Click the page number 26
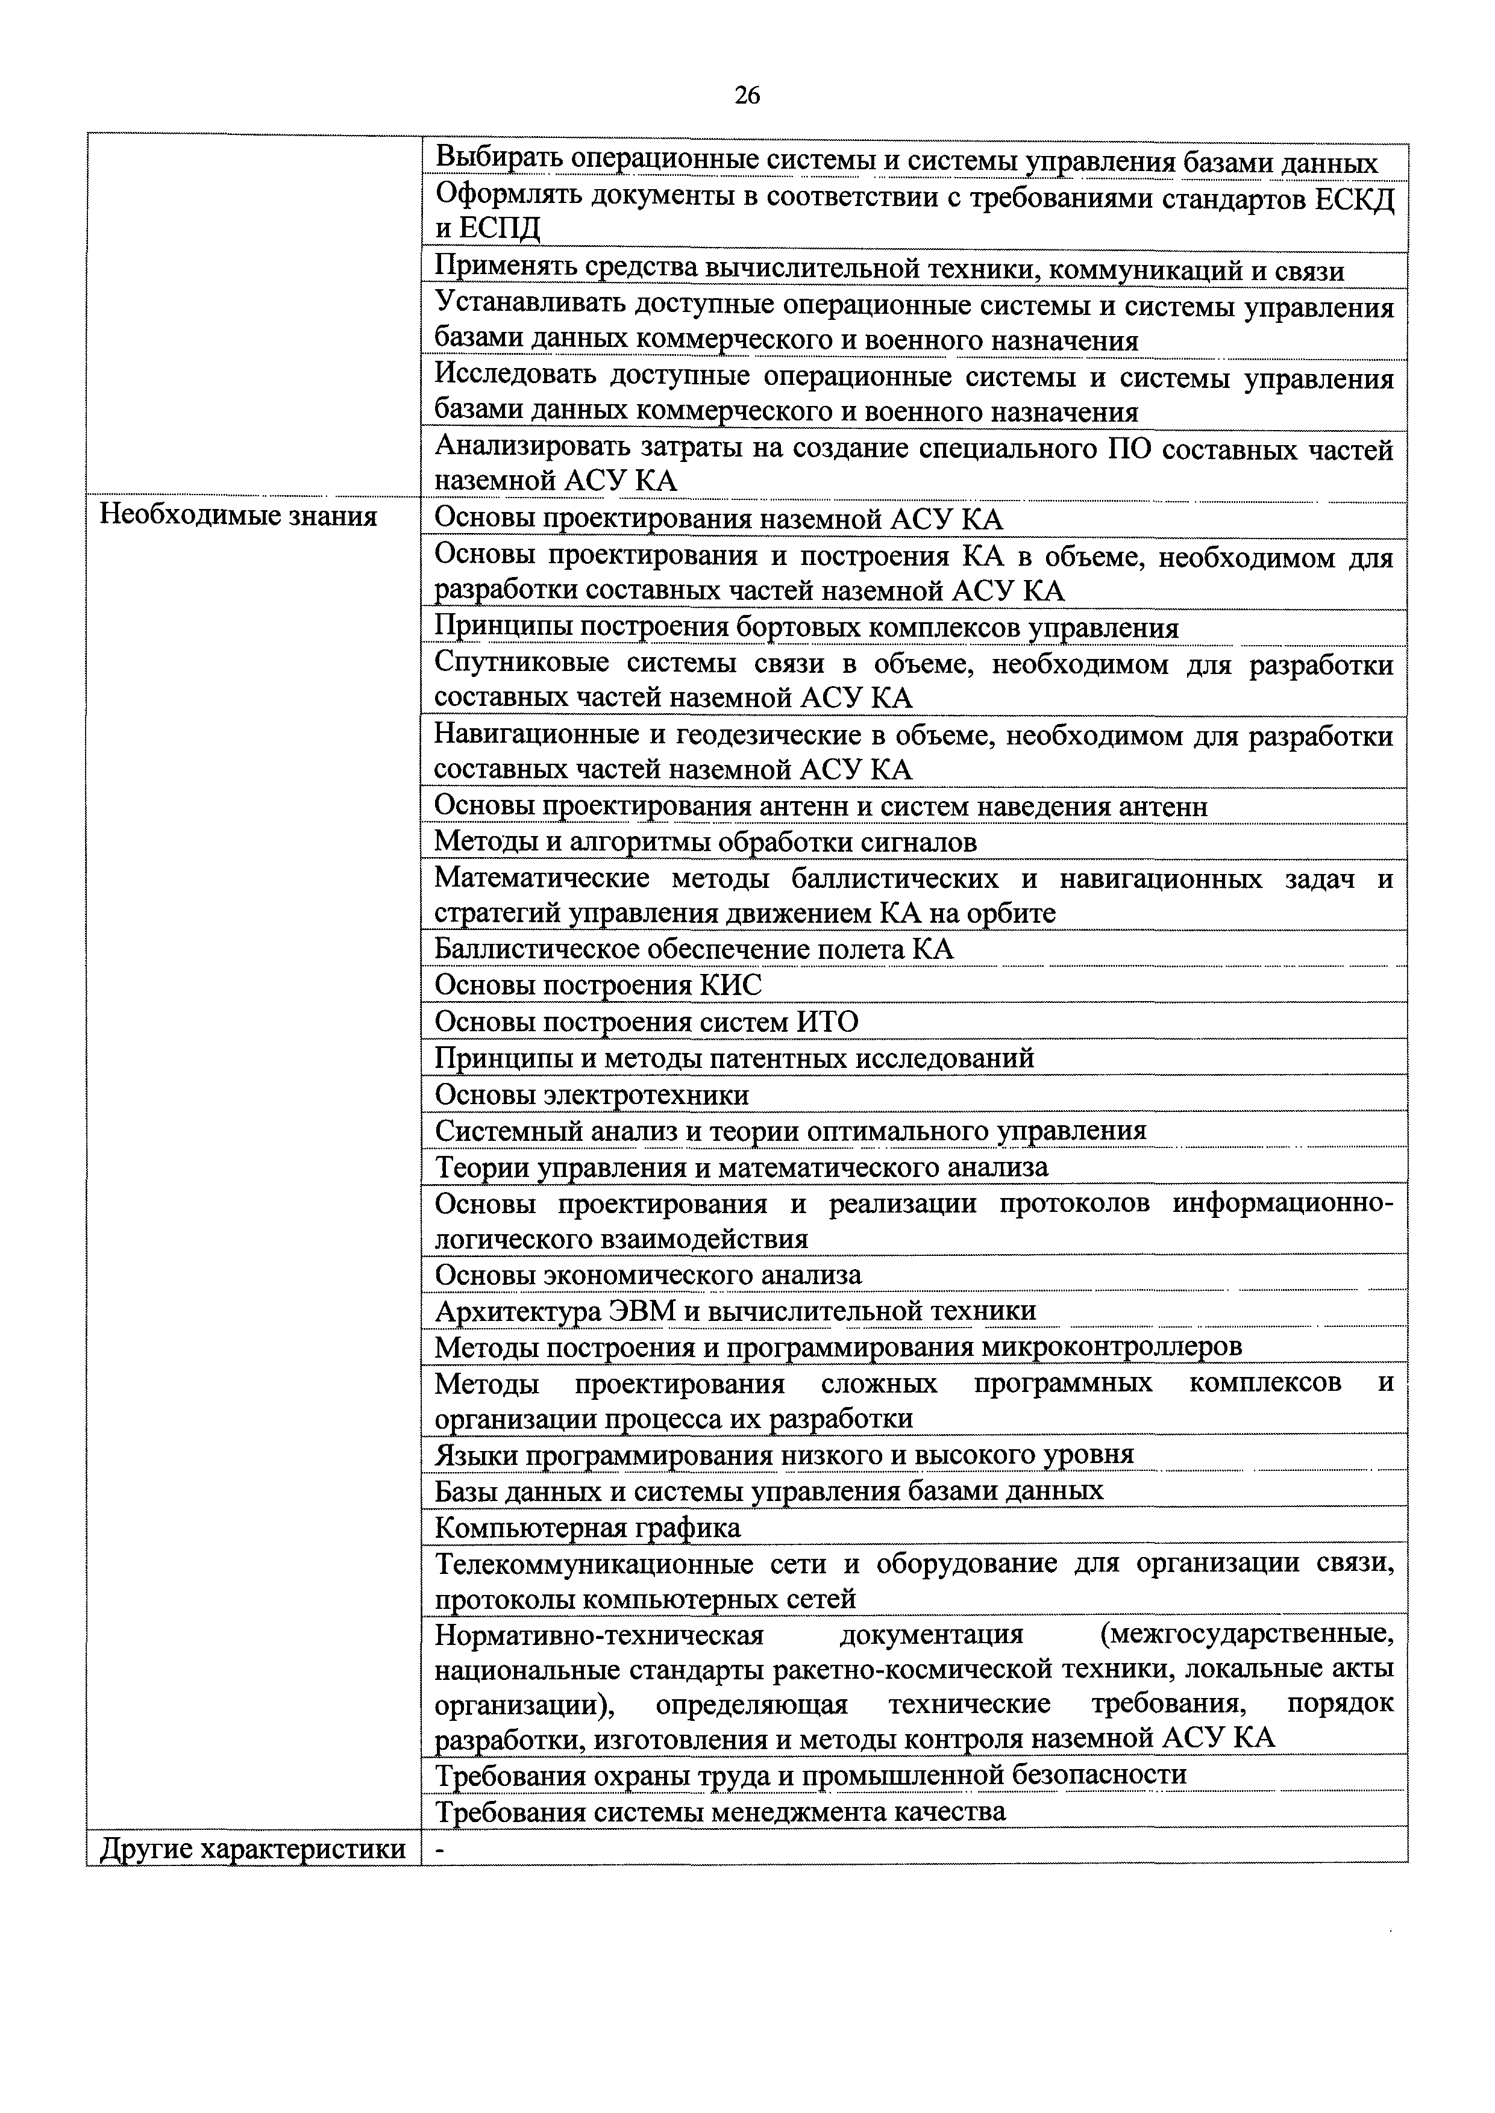747,96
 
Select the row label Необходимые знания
239,516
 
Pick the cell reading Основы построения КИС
598,985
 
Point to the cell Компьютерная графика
588,1528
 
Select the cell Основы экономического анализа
648,1275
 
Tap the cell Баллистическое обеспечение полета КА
694,949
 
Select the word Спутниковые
520,664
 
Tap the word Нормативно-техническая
600,1635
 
